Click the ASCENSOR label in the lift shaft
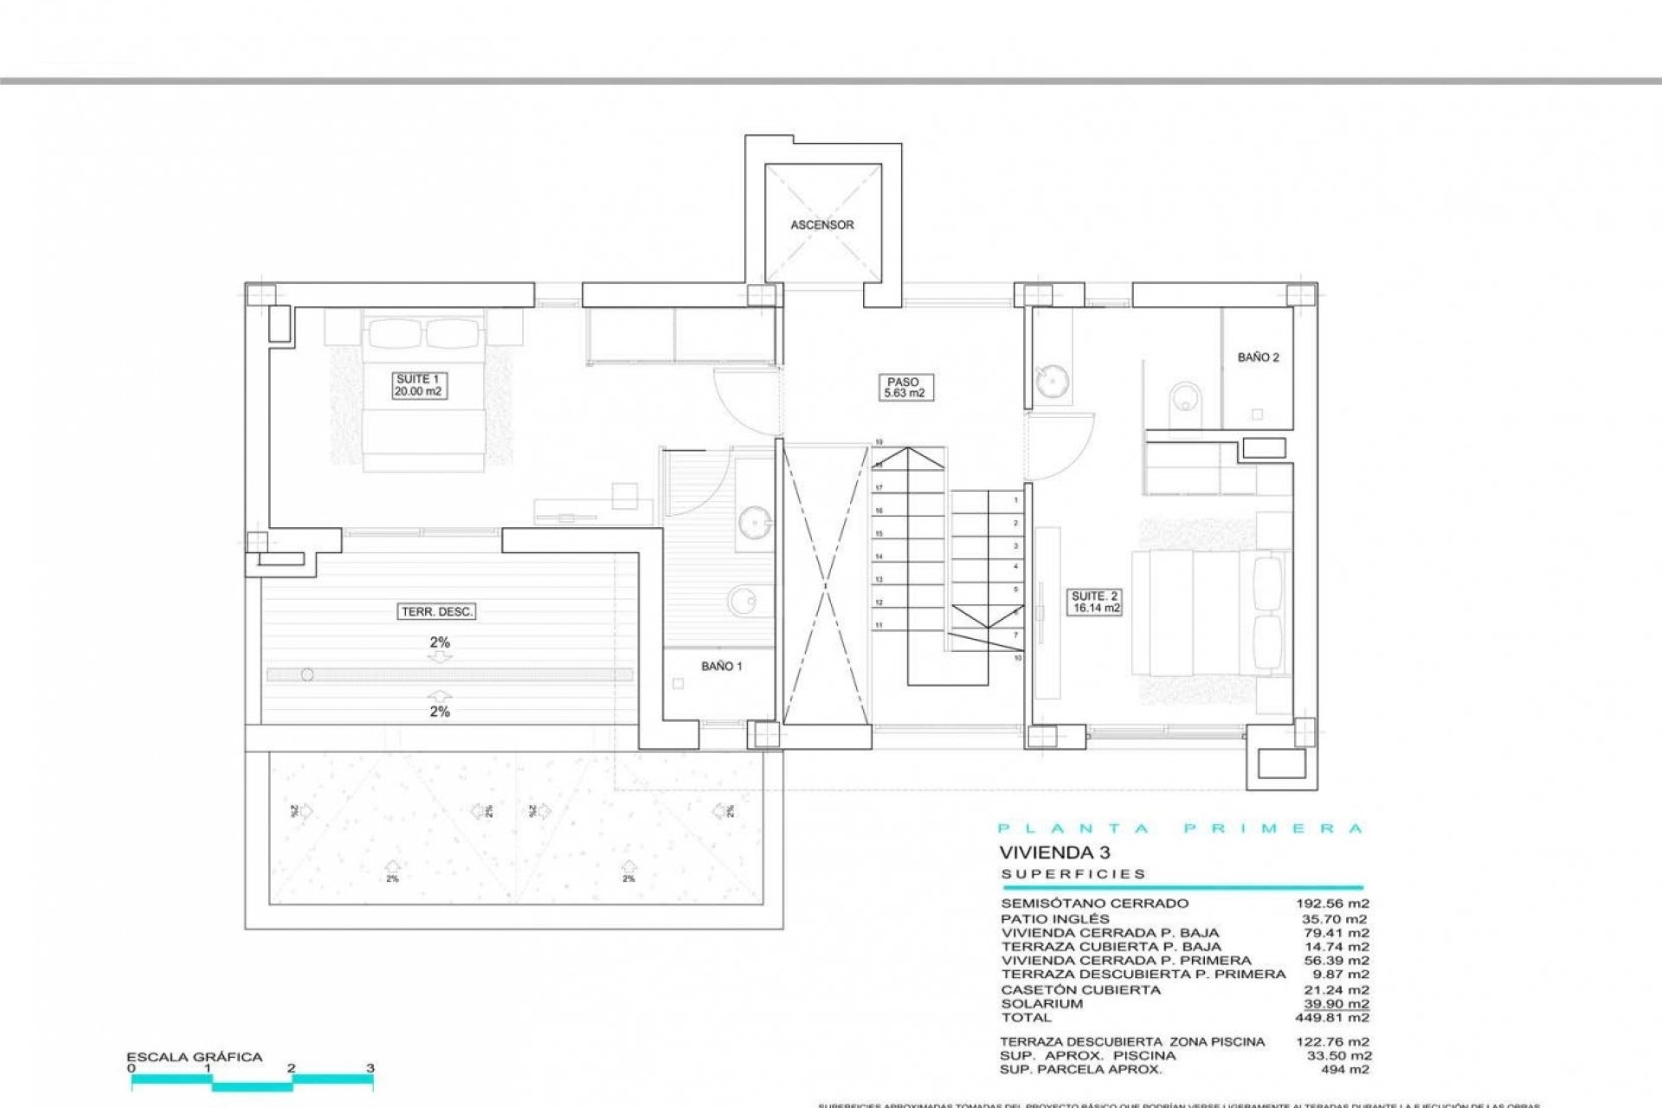821,225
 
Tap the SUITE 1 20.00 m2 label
419,385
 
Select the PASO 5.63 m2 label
903,387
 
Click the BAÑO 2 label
1258,358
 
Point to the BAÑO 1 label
721,667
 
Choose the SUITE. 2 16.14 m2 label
1095,602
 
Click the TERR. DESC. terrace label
437,612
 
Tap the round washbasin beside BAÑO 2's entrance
1052,381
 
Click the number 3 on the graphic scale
370,1068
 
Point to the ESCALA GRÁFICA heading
194,1057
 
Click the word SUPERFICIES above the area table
1073,874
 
